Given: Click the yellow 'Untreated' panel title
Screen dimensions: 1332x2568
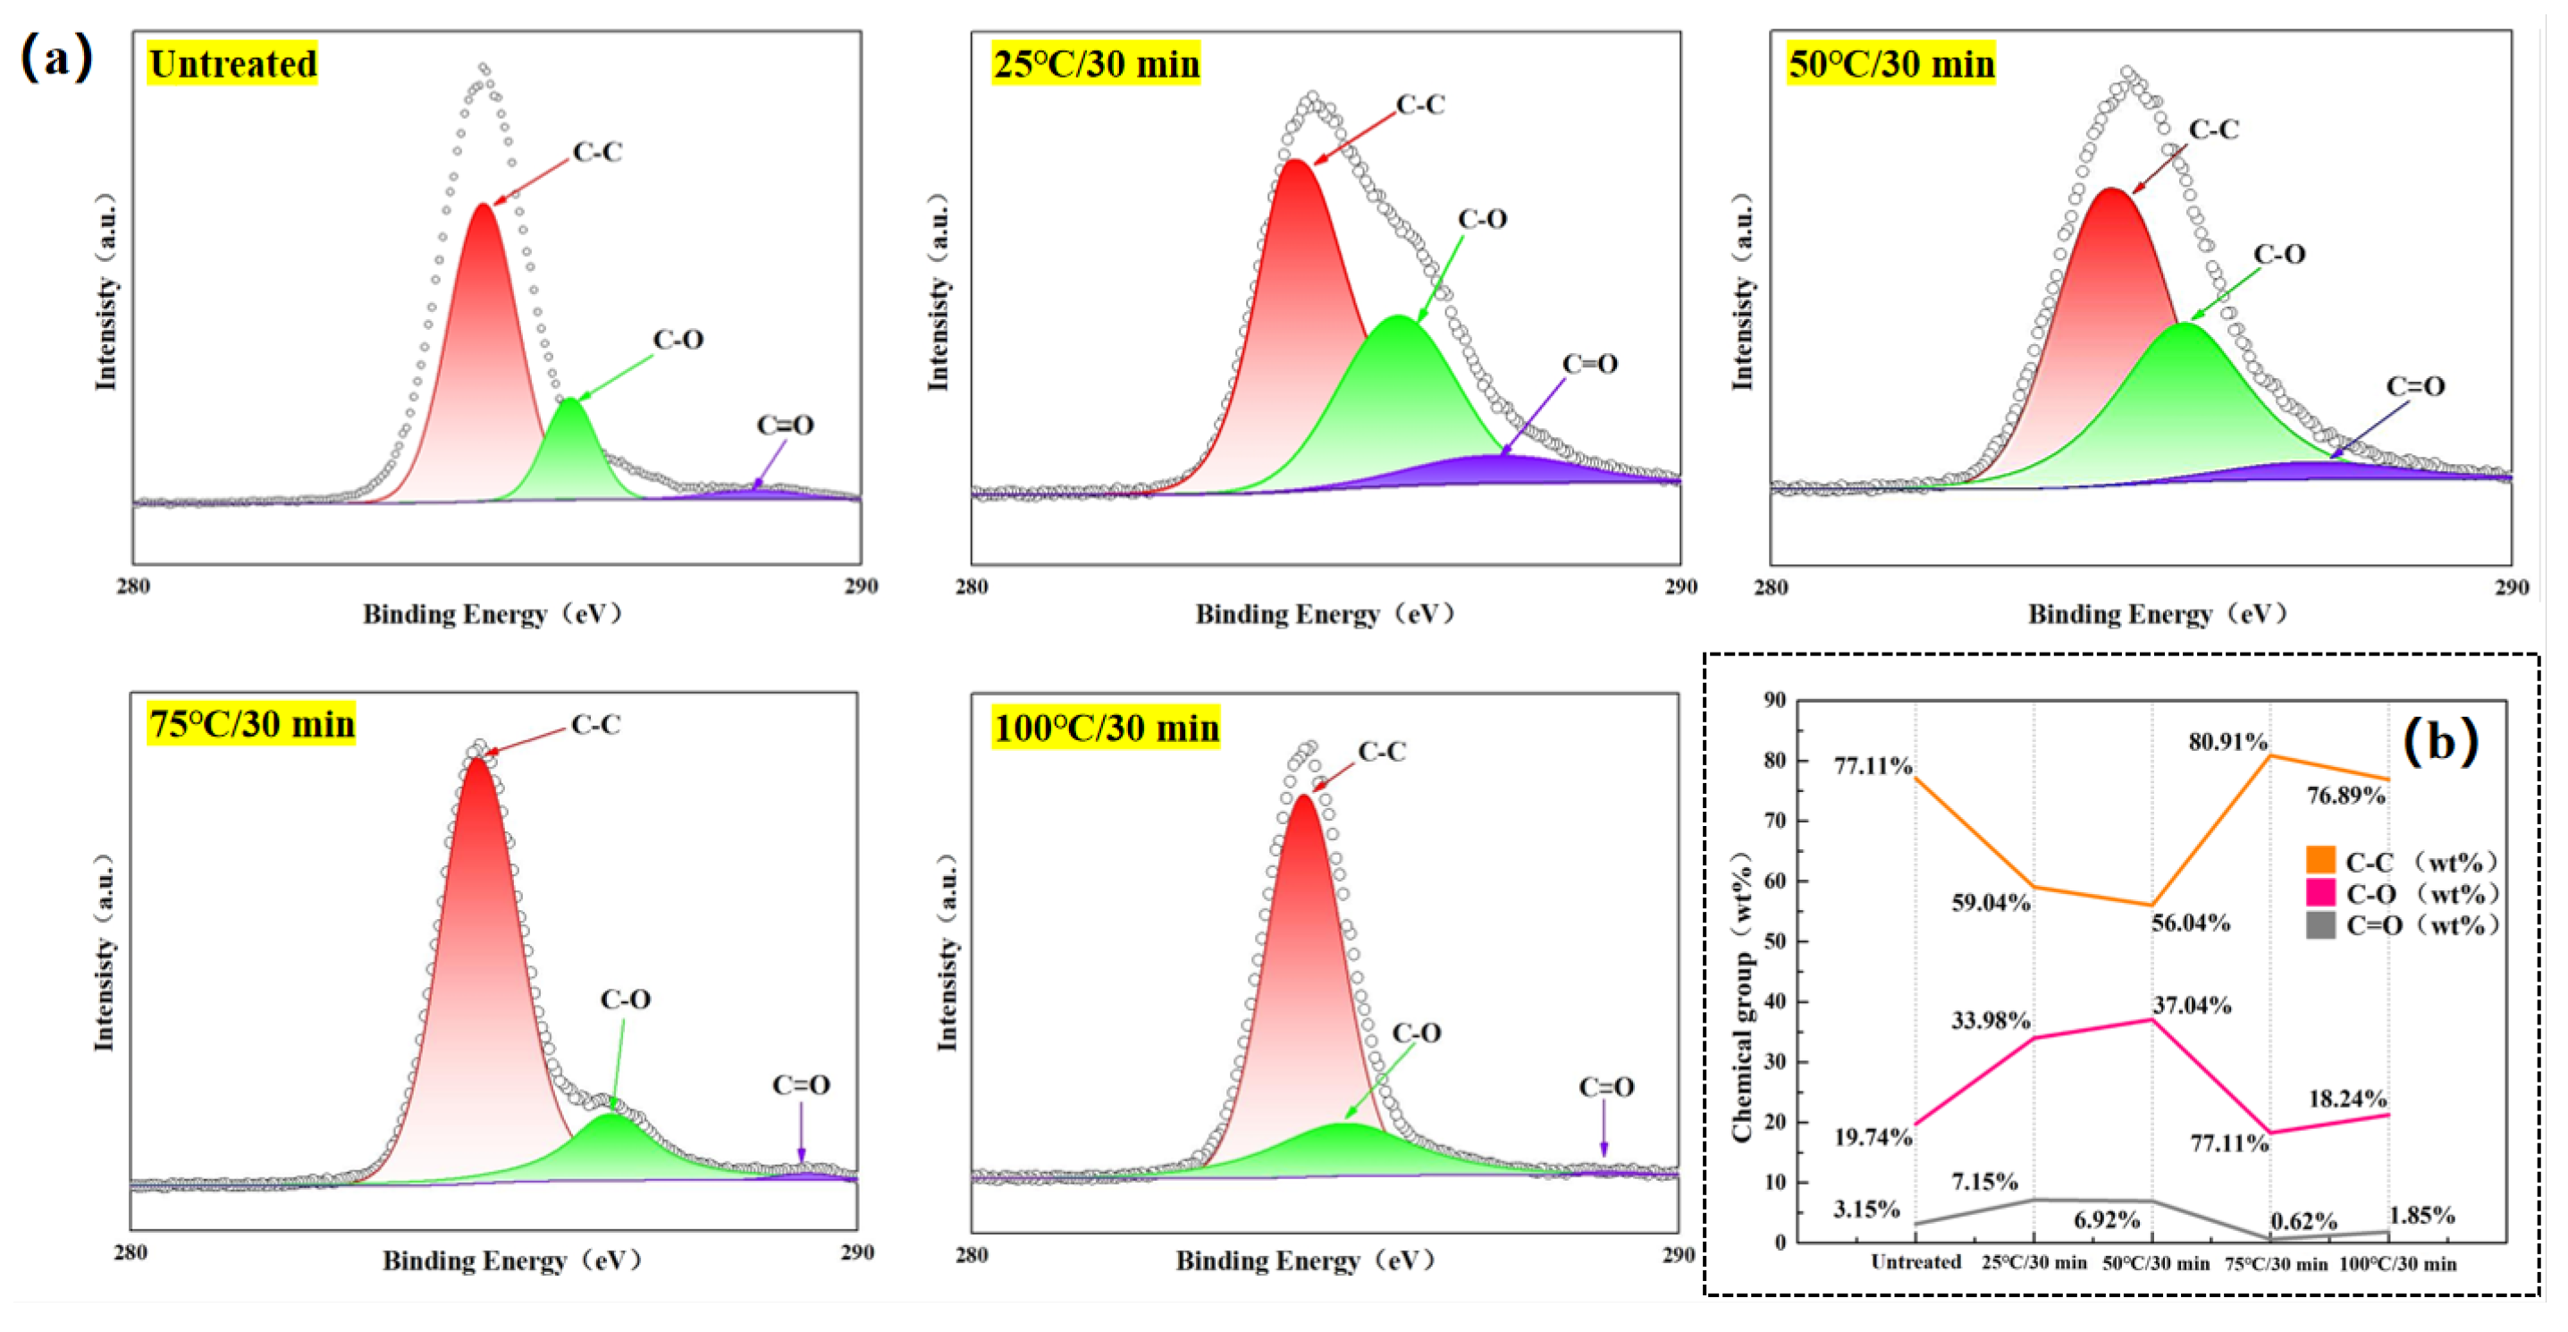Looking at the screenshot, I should click(232, 63).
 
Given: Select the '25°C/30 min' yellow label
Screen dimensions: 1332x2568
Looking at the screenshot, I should click(1096, 63).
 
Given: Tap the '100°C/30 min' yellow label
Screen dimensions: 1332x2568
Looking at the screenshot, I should click(1106, 728).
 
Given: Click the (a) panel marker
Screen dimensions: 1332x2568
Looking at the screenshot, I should click(57, 57).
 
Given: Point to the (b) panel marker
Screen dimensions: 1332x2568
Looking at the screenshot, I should click(2439, 741).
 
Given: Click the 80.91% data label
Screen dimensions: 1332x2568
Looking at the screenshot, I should click(2227, 742).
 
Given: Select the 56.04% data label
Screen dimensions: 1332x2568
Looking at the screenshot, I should click(2190, 923).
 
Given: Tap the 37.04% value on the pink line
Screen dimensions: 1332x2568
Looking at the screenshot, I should click(2191, 1005).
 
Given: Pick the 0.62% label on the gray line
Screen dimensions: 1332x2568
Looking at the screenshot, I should click(2303, 1221).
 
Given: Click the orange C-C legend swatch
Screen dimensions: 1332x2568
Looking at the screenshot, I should click(2320, 860).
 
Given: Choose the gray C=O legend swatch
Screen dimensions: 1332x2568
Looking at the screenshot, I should click(2320, 925).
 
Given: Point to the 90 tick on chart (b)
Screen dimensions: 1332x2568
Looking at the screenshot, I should click(1774, 700).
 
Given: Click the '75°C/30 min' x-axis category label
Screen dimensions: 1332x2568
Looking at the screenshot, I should click(2276, 1264).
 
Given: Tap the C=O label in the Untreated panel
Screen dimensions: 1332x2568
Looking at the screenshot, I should click(785, 426).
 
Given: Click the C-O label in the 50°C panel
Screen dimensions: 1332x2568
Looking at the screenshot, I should click(2279, 254).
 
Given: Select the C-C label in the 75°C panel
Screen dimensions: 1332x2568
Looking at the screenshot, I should click(595, 725).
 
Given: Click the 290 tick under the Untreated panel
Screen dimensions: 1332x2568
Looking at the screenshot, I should click(860, 586).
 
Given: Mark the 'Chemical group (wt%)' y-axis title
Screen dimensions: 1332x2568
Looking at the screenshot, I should click(1741, 997).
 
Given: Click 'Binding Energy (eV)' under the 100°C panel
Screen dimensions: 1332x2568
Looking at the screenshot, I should click(1305, 1261).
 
